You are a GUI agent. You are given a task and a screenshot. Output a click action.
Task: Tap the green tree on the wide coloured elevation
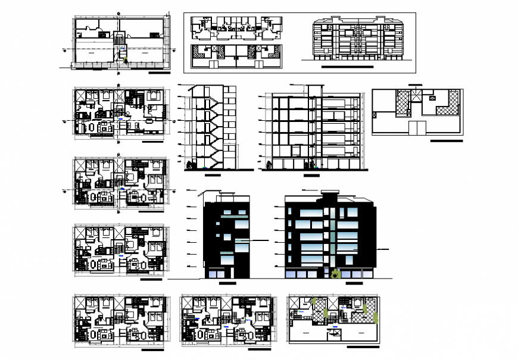[x=335, y=273]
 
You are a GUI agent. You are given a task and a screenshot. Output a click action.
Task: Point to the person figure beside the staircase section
[x=190, y=165]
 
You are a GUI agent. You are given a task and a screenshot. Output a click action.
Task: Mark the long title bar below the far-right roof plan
[x=446, y=142]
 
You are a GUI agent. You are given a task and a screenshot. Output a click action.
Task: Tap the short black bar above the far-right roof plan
[x=415, y=86]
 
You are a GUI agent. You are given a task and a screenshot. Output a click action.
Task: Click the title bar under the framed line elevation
[x=347, y=67]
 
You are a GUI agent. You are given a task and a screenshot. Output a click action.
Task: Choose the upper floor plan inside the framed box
[x=236, y=27]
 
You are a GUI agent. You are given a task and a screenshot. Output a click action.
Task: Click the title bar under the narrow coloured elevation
[x=227, y=284]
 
